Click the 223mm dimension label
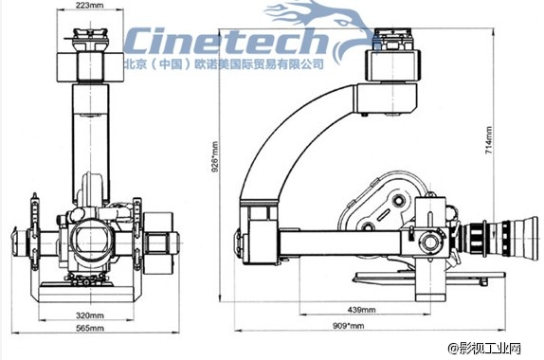click(89, 5)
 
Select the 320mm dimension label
click(89, 315)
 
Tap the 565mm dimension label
click(89, 328)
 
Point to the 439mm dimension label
click(361, 310)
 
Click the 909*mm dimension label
click(349, 326)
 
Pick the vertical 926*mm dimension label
click(215, 156)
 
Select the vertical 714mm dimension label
click(488, 140)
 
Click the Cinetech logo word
click(226, 41)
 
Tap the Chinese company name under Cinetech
click(224, 63)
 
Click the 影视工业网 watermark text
click(485, 349)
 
